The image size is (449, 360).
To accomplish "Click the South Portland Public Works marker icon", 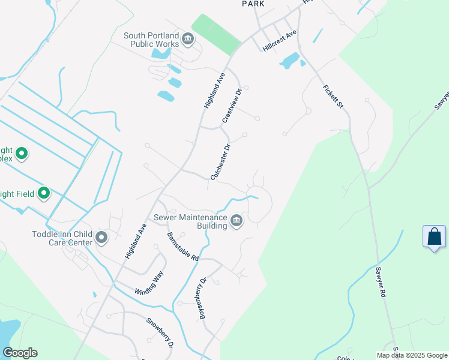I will (188, 40).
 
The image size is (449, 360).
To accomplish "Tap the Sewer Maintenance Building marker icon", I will (237, 221).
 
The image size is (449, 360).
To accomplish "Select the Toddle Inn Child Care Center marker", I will (101, 238).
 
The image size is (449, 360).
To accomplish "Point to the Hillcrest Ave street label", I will (280, 41).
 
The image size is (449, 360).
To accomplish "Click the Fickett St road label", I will (333, 96).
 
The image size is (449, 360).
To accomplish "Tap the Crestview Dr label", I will (232, 106).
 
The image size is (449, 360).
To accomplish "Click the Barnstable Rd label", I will (183, 246).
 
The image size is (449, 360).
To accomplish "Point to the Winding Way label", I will (149, 283).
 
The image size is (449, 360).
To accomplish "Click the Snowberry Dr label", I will (160, 332).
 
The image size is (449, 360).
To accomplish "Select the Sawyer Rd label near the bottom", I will (381, 283).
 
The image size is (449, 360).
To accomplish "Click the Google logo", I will (20, 353).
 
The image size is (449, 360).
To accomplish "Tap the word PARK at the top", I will (253, 4).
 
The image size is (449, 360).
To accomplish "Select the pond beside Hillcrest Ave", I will (290, 61).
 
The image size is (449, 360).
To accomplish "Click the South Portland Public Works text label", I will (152, 40).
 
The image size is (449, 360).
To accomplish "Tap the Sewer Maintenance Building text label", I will (191, 221).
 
